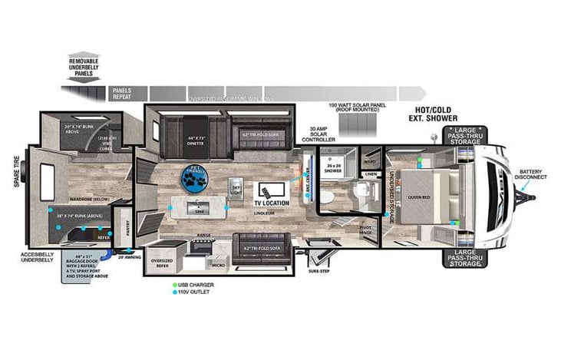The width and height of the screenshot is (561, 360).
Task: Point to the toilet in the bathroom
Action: (325, 197)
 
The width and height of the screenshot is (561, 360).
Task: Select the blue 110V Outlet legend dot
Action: (175, 292)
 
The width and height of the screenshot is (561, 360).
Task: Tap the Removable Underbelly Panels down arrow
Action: (83, 74)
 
